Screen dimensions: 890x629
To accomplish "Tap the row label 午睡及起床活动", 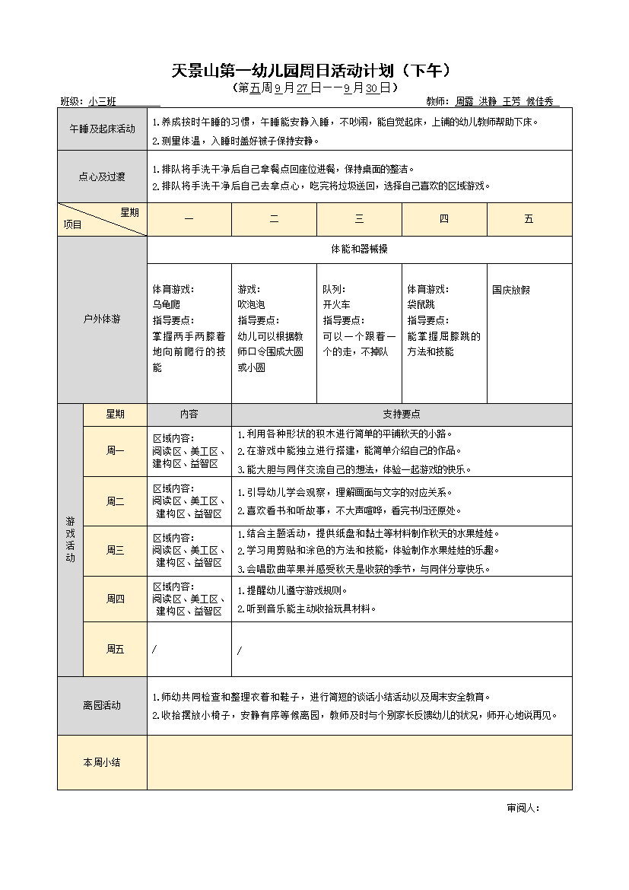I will [x=102, y=129].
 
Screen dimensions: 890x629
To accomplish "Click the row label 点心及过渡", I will [x=102, y=176].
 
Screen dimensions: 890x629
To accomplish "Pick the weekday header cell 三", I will [x=359, y=219].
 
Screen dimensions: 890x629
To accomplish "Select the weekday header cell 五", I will [x=529, y=219].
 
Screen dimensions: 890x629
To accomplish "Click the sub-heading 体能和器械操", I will [x=359, y=250].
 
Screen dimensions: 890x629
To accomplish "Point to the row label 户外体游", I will [x=102, y=319].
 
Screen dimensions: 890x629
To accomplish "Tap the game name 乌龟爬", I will [x=167, y=304].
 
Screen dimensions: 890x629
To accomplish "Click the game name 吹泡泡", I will [x=252, y=304].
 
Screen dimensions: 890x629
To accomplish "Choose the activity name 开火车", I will [x=336, y=304].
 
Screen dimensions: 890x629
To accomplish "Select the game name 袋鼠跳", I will [x=421, y=304].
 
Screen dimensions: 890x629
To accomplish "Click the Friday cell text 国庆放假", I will [x=511, y=290].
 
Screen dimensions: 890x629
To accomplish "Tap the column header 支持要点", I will [x=402, y=415].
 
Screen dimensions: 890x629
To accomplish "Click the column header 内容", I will [x=189, y=415].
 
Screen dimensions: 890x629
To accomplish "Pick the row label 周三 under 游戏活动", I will [x=115, y=551].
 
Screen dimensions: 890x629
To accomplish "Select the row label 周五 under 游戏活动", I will [x=115, y=649].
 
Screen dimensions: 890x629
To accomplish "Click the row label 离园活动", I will [x=102, y=706].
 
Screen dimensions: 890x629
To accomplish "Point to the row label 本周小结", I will [x=102, y=762].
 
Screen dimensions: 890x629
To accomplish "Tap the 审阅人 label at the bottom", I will [x=523, y=808].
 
